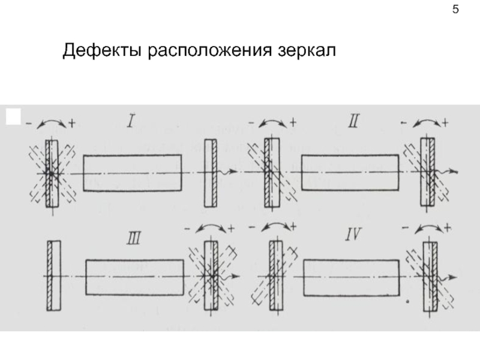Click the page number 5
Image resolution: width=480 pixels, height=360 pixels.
pos(455,10)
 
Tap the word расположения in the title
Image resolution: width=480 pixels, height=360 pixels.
pos(210,51)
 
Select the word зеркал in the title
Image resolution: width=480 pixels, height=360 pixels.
pos(307,51)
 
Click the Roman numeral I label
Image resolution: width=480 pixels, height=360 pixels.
pos(131,121)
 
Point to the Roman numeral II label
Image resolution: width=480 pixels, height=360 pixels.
pos(353,121)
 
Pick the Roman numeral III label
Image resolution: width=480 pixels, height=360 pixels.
pos(134,238)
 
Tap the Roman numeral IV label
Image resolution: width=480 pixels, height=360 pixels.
pos(353,235)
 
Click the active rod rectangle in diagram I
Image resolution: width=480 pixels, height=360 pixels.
pos(133,173)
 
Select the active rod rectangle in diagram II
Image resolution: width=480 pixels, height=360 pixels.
pos(350,172)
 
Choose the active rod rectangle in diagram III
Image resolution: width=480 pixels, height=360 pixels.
pos(134,277)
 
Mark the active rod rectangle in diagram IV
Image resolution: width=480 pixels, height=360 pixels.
pos(352,278)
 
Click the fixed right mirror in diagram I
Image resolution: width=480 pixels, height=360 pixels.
pos(211,173)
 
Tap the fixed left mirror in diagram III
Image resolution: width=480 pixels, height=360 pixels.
pos(54,276)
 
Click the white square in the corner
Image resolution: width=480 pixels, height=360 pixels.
pos(13,116)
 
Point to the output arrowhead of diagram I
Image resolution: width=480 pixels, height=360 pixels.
pos(234,171)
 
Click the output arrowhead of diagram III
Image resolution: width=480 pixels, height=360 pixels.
pos(236,276)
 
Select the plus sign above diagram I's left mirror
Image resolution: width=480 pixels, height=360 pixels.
pos(72,123)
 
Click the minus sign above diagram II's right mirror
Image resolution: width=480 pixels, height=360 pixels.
pos(404,123)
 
